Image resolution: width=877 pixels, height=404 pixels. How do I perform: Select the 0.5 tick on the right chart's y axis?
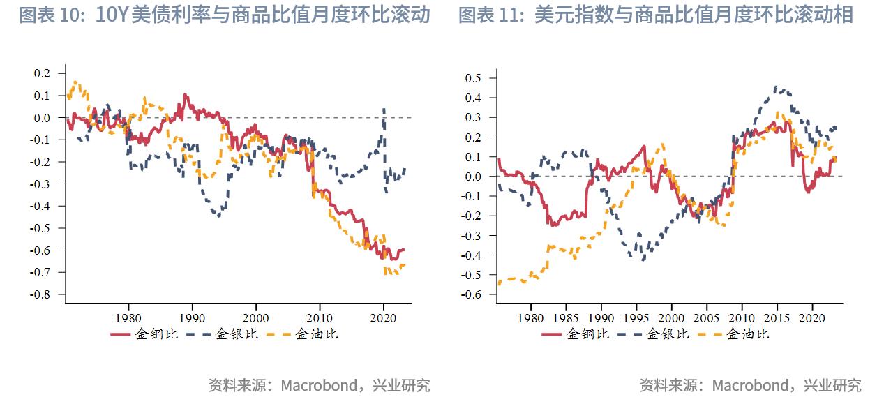pyautogui.click(x=474, y=78)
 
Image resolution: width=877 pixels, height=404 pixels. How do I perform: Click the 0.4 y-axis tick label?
pyautogui.click(x=474, y=98)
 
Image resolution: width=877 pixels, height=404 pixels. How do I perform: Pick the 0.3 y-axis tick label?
pyautogui.click(x=474, y=118)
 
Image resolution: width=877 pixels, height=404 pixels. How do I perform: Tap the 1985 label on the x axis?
pyautogui.click(x=566, y=317)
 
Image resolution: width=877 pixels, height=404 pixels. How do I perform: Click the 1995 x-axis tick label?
pyautogui.click(x=636, y=317)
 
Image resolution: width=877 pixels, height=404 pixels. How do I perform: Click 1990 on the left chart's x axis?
pyautogui.click(x=192, y=317)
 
